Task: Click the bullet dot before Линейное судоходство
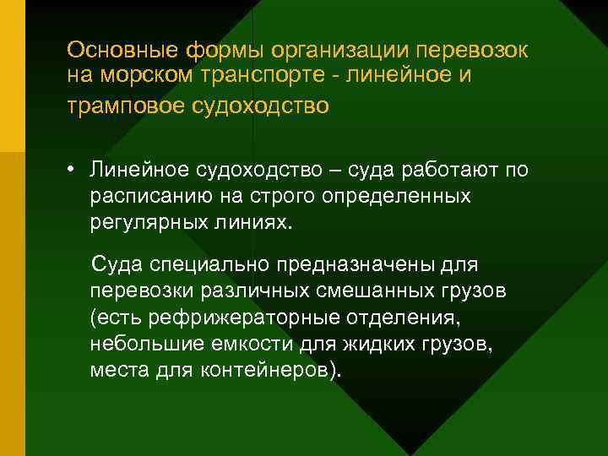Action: pos(73,171)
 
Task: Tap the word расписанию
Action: pos(149,198)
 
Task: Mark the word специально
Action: pos(200,265)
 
